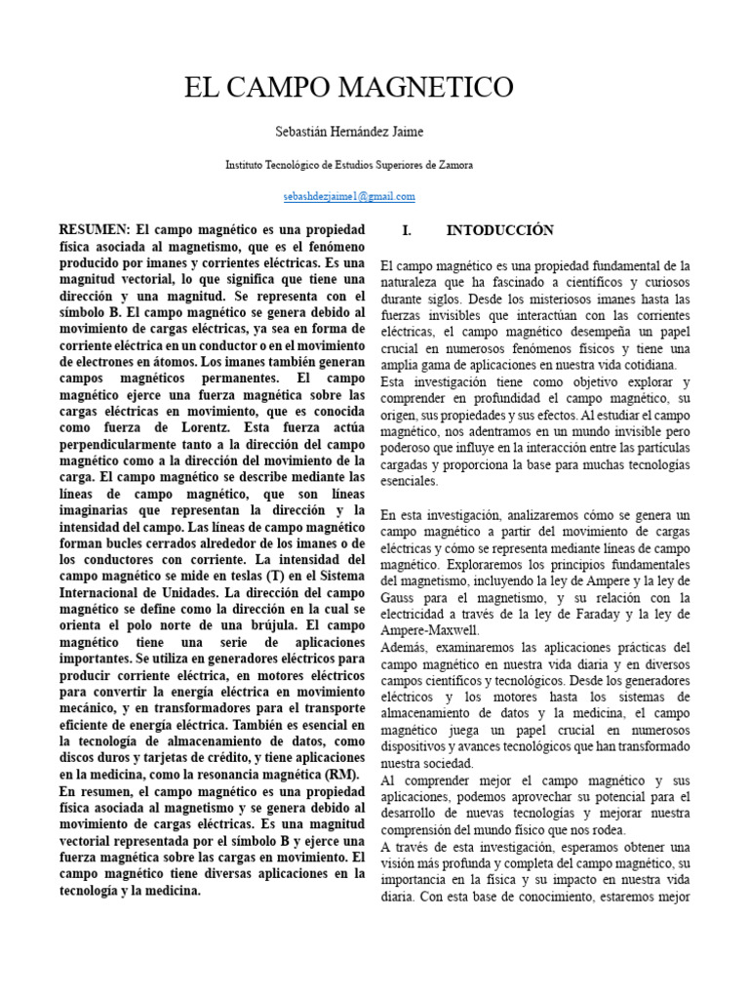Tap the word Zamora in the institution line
click(x=453, y=165)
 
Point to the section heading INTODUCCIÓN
click(x=500, y=230)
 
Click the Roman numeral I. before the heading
click(x=408, y=230)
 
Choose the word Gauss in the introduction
click(x=400, y=598)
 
